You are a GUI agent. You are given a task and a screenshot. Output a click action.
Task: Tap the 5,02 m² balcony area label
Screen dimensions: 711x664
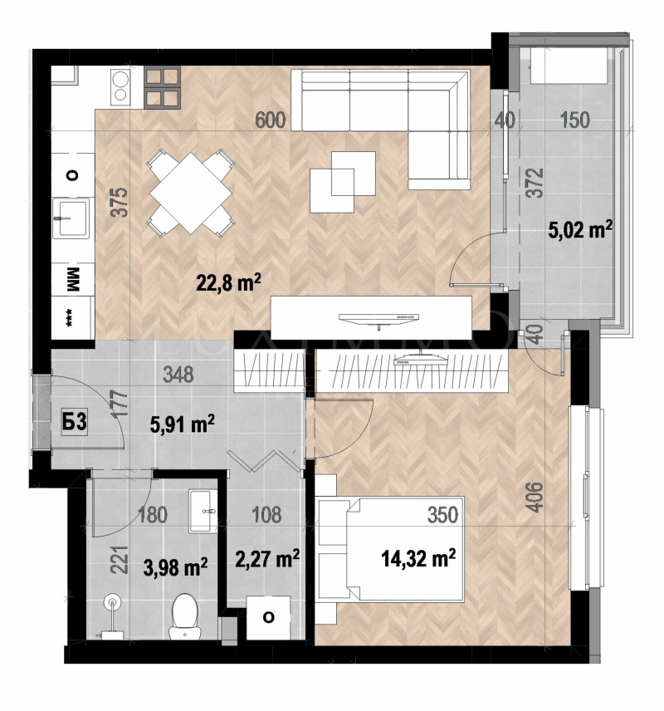pyautogui.click(x=580, y=229)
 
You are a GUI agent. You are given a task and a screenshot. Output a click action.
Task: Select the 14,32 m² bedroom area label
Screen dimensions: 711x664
pyautogui.click(x=420, y=557)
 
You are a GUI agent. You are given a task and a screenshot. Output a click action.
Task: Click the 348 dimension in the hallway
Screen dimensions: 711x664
pyautogui.click(x=178, y=375)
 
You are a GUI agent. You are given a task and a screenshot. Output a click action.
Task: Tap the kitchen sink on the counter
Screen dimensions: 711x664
pyautogui.click(x=71, y=218)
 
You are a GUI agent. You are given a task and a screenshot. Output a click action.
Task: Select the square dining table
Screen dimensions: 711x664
pyautogui.click(x=190, y=191)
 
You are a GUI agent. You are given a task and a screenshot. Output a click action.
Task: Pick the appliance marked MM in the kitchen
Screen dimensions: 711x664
pyautogui.click(x=71, y=280)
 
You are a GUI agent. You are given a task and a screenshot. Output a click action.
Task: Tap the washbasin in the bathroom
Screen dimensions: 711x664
pyautogui.click(x=203, y=509)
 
